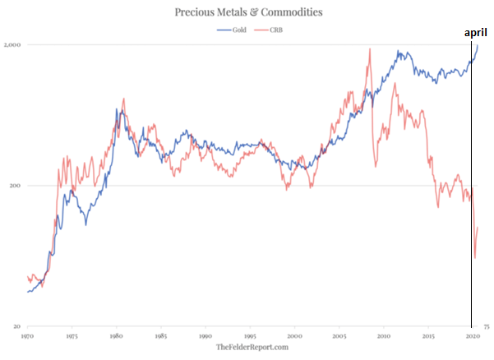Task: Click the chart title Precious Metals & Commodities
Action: [247, 12]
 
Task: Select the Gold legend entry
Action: [234, 30]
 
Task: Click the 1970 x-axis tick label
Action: [26, 337]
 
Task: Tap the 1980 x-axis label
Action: [116, 337]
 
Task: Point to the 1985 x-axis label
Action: [160, 337]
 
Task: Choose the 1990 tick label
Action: [205, 337]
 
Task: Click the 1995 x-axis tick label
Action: [249, 337]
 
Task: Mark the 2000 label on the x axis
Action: [294, 337]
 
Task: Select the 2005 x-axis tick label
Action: [339, 337]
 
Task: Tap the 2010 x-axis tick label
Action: [383, 337]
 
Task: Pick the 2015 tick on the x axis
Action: [427, 337]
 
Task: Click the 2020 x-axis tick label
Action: [472, 337]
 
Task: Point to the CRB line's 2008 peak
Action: [370, 48]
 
